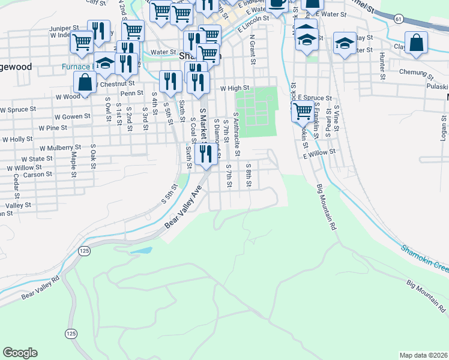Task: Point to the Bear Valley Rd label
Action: [40, 287]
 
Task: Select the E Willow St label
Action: [319, 154]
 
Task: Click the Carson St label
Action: [38, 175]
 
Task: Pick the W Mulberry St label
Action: [60, 147]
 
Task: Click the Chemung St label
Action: [415, 77]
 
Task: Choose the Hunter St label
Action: [382, 66]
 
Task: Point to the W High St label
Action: [234, 88]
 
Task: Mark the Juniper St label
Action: [64, 28]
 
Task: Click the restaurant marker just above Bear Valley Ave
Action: [206, 154]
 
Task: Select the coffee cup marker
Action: [277, 4]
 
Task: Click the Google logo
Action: [20, 353]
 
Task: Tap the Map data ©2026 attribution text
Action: [423, 355]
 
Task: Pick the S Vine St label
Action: [337, 119]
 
